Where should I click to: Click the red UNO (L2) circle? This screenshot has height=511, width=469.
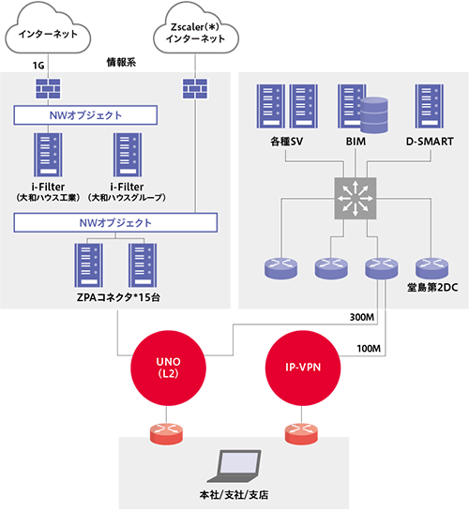point(168,368)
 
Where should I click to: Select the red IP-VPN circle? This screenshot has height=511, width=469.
point(303,368)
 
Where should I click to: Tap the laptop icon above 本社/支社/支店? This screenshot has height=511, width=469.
point(234,466)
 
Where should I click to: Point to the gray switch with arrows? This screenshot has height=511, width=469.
point(356,198)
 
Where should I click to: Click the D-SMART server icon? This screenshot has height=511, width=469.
point(430,106)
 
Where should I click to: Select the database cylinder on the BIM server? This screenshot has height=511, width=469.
point(374,115)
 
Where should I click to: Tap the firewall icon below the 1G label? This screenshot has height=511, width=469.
point(48,89)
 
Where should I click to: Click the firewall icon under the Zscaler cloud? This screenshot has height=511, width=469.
point(195,89)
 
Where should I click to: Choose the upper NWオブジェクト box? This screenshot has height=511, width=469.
point(85,115)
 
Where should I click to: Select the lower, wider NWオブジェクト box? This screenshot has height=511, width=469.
point(115,222)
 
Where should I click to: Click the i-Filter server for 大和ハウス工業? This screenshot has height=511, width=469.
point(48,155)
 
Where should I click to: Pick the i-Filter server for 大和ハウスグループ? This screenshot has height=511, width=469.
point(128,155)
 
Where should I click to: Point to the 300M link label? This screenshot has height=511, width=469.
point(362,317)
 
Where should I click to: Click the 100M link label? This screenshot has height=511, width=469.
point(369,349)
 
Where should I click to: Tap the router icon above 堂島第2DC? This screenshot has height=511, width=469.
point(431,268)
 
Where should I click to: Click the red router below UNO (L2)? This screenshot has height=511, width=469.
point(166,433)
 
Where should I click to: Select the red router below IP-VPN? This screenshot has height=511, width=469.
point(301,433)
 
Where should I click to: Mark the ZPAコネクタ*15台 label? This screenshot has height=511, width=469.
point(118,297)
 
